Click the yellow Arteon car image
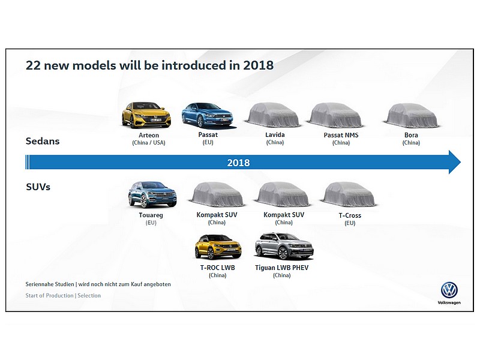click(146, 115)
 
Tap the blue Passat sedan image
click(207, 115)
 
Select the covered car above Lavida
click(273, 115)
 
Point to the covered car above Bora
click(412, 116)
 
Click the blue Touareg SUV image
click(152, 194)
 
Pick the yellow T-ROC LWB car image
click(218, 247)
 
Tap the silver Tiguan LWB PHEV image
click(284, 246)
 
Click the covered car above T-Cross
click(349, 194)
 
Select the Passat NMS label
click(341, 135)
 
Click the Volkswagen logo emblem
click(449, 290)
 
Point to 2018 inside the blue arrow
click(238, 163)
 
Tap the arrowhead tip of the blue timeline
click(460, 162)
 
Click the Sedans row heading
click(43, 141)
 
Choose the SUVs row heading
click(38, 187)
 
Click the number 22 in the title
click(33, 65)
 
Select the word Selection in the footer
click(89, 295)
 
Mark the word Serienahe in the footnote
click(50, 284)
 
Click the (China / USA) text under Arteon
click(149, 143)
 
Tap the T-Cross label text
click(350, 215)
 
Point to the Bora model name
click(411, 135)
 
